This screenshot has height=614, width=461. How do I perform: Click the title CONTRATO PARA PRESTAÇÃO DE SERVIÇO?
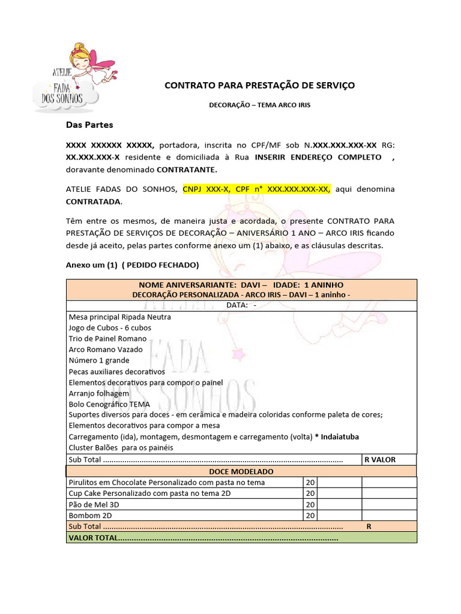[259, 86]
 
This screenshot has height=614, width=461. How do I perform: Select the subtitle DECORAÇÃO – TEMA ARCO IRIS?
[259, 105]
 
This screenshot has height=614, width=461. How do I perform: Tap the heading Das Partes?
[89, 125]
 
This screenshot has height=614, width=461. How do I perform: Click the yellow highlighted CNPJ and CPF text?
[257, 189]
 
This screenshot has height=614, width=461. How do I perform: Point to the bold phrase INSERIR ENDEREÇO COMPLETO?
[318, 157]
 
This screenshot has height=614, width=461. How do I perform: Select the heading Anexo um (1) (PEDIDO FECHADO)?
[132, 265]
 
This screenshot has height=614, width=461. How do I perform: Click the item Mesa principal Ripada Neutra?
[120, 317]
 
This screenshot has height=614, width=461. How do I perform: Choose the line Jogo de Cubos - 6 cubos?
[110, 328]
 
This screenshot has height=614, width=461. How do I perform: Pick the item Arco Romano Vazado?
[106, 350]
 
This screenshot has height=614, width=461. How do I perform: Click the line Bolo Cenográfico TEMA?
[109, 404]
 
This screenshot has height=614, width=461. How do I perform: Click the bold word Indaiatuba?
[339, 437]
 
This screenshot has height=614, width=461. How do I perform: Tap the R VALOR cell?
[379, 460]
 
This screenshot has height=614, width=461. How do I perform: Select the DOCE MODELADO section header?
[241, 472]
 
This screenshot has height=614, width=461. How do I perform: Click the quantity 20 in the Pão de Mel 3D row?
[310, 504]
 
